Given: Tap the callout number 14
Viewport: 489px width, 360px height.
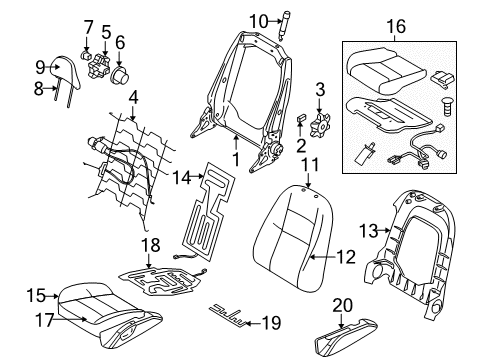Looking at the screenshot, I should click(x=181, y=179).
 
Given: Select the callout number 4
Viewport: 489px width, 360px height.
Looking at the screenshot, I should click(x=132, y=98).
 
